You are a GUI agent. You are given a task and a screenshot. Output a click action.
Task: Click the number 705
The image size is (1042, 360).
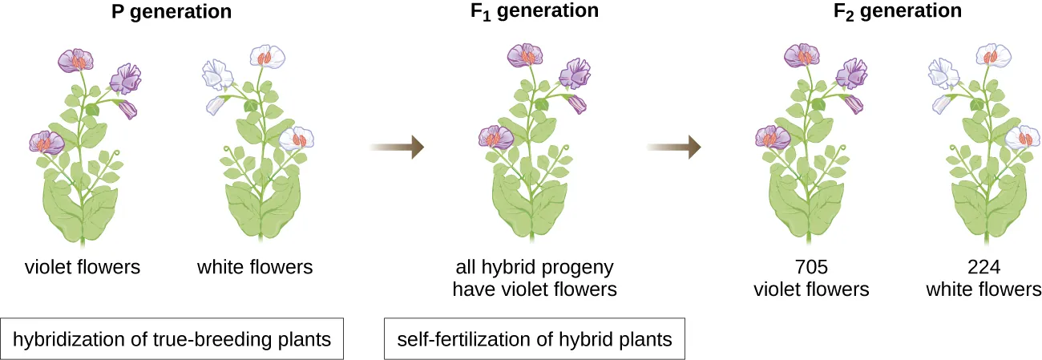[810, 268]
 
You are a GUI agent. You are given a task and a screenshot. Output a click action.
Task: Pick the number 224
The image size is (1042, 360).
[983, 268]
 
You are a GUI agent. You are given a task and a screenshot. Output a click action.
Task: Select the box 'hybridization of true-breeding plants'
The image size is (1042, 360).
[172, 339]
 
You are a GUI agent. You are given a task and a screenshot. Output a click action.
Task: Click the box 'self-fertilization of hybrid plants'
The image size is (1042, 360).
[535, 339]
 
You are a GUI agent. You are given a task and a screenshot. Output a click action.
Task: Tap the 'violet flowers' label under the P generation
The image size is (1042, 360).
[82, 268]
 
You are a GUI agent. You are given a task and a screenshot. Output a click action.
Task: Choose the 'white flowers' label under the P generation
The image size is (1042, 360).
[255, 268]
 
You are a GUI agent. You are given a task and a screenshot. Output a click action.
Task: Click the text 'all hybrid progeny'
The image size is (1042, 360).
[535, 268]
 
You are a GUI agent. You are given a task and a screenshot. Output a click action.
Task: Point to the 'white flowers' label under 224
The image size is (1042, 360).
[983, 289]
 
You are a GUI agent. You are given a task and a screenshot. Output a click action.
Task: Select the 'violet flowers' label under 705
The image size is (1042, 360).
[810, 289]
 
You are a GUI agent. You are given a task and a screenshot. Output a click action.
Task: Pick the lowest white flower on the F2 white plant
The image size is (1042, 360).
[1023, 138]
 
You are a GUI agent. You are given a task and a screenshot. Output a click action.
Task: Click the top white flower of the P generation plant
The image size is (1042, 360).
[268, 56]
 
